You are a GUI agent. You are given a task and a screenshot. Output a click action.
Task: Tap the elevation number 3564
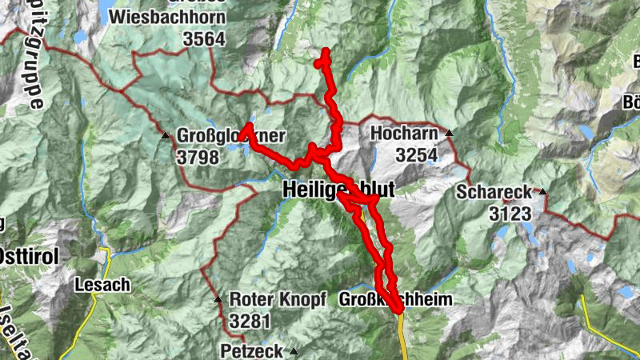(x=204, y=38)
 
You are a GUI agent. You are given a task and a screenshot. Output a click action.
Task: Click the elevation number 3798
(x=197, y=157)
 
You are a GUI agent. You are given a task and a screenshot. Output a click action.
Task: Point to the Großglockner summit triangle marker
(x=166, y=135)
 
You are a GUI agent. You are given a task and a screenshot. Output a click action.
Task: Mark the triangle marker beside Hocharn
(x=450, y=134)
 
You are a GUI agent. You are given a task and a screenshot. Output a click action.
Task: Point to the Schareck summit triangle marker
(x=542, y=192)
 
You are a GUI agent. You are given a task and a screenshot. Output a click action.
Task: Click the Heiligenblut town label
(x=338, y=190)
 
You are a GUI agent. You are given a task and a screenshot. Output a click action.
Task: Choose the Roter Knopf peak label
(x=278, y=299)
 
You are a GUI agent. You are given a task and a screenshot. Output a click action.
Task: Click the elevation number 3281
(x=250, y=322)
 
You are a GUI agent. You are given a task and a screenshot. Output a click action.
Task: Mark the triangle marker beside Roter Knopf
(x=218, y=300)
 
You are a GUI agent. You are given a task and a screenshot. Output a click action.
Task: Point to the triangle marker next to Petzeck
(x=294, y=351)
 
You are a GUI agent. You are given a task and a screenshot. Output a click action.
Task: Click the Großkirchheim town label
(x=397, y=299)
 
